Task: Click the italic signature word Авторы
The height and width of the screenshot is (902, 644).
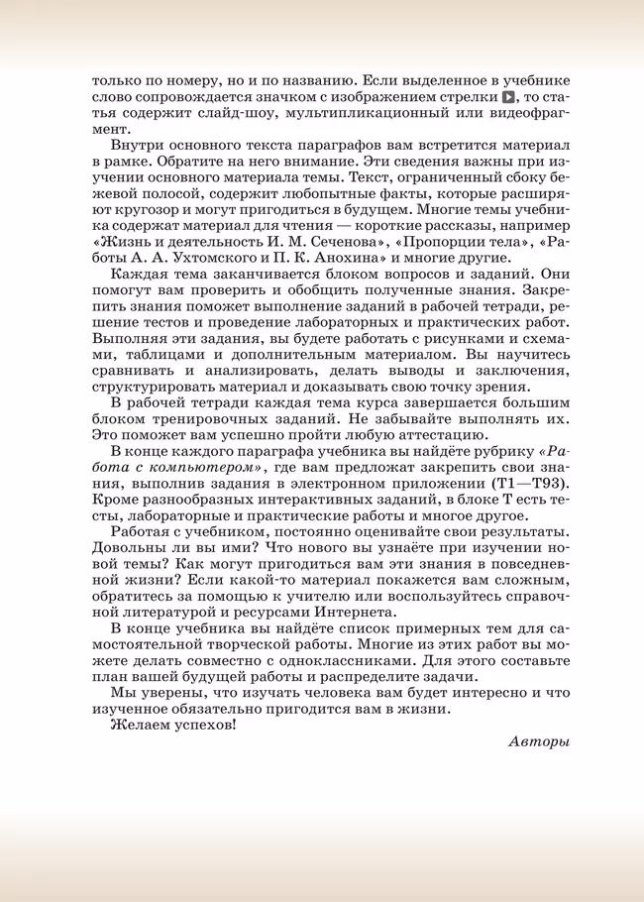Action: [x=539, y=740]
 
